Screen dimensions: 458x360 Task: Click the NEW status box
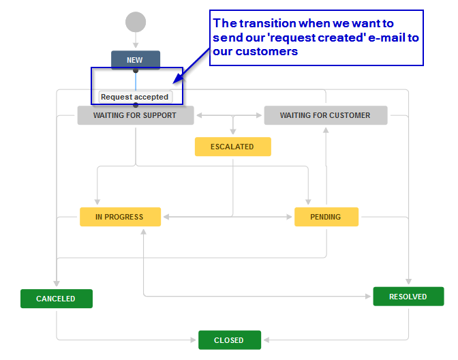[136, 60]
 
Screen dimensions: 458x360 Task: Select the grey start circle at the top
[136, 22]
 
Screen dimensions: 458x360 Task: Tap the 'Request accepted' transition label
[135, 97]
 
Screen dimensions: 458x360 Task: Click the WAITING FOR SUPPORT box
[136, 115]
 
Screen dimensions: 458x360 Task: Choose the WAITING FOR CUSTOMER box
[326, 115]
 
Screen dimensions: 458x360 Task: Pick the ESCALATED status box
[233, 147]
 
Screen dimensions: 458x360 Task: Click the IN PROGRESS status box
[120, 217]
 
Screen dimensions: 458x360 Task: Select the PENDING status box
[326, 217]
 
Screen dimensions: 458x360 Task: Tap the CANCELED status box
[57, 299]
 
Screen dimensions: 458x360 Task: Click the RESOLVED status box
[408, 297]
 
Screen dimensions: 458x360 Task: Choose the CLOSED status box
[230, 340]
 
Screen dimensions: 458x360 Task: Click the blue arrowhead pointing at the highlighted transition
[177, 79]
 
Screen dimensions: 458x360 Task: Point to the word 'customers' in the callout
[266, 51]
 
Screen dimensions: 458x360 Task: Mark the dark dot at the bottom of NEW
[136, 70]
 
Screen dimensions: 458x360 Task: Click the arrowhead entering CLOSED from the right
[266, 340]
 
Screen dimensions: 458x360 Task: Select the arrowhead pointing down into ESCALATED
[233, 131]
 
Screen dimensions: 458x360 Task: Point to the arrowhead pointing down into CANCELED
[57, 283]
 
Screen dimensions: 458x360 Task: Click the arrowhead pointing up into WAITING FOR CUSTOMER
[326, 130]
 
